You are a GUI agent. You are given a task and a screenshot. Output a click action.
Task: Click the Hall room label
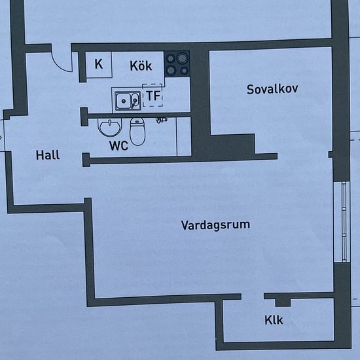(48, 154)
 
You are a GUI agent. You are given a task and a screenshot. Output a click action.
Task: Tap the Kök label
(141, 65)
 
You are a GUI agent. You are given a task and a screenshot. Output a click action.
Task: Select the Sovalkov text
(272, 89)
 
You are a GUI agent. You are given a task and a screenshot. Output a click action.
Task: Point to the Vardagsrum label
(215, 225)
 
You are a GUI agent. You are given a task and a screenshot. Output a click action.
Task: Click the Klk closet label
(274, 320)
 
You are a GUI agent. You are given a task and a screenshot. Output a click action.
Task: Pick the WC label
(118, 145)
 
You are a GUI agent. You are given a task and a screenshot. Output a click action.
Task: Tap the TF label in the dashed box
(153, 96)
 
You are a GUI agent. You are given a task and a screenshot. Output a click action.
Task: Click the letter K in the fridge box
(99, 64)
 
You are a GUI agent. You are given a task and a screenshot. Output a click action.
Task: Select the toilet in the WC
(137, 132)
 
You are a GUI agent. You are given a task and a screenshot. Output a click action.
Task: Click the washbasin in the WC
(110, 127)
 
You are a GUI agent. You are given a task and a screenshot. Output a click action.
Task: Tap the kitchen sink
(128, 101)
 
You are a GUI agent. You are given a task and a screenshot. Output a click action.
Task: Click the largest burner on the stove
(183, 58)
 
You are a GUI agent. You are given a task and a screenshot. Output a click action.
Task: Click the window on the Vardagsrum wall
(344, 221)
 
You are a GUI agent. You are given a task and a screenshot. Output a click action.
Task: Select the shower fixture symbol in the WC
(162, 120)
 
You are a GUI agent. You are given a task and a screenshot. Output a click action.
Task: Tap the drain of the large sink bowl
(124, 101)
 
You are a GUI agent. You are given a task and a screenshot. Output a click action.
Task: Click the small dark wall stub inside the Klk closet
(283, 302)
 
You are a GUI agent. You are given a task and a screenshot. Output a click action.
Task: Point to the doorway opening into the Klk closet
(253, 297)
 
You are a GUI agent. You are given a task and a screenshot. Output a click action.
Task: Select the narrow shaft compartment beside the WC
(184, 137)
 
